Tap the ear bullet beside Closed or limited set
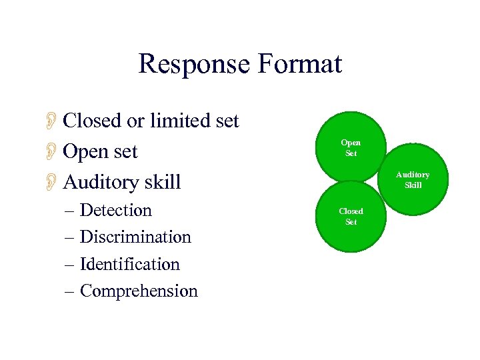(50, 121)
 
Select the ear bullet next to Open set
(50, 151)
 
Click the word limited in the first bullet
(179, 121)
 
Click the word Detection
(116, 210)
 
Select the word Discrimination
(135, 237)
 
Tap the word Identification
(130, 264)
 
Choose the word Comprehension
(139, 291)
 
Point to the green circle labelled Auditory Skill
(413, 179)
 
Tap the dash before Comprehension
(71, 291)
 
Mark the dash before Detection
(71, 211)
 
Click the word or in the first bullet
(136, 121)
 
